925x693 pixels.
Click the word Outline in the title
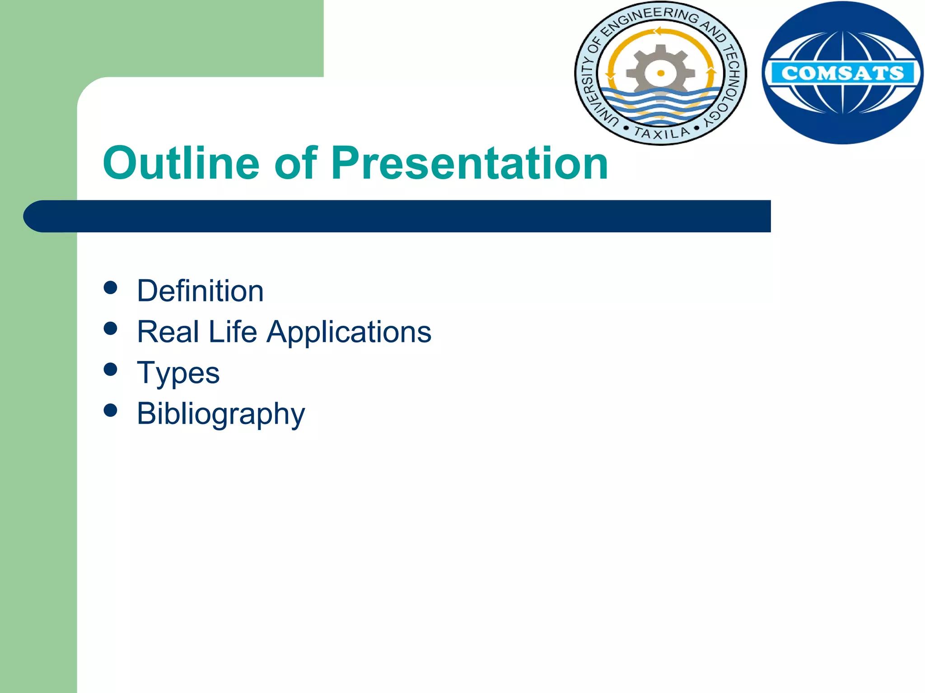(x=181, y=163)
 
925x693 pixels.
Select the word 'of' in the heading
(x=296, y=163)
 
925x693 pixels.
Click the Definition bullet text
(x=200, y=291)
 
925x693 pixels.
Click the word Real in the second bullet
(x=168, y=332)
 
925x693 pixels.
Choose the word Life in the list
(x=233, y=332)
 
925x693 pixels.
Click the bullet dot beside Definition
(x=110, y=288)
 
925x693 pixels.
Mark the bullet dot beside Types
(x=110, y=370)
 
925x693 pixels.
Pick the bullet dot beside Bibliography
(x=110, y=410)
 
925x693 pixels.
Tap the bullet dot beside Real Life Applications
(x=110, y=328)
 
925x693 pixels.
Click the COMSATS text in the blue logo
(x=842, y=73)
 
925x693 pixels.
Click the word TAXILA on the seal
(x=662, y=133)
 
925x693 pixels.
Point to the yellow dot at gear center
(x=661, y=73)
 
